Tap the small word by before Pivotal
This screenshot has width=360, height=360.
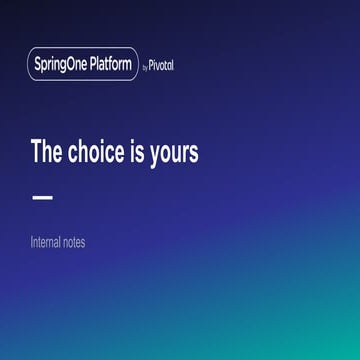tap(146, 67)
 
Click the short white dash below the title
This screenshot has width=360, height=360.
tap(42, 197)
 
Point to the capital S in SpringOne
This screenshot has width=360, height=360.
tap(37, 65)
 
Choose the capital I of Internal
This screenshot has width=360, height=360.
tap(32, 242)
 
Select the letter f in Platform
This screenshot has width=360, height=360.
tap(111, 65)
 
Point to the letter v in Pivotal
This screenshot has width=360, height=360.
tap(160, 67)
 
